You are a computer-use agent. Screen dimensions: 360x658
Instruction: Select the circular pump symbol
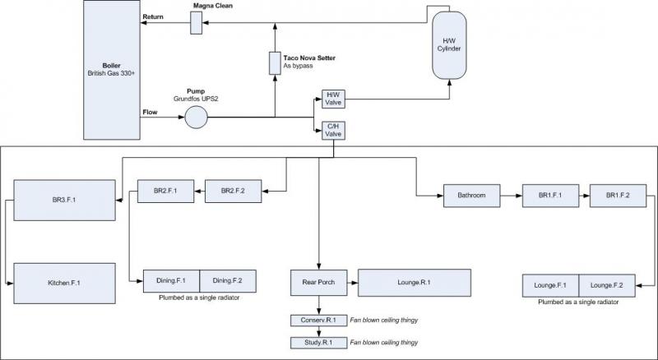(196, 118)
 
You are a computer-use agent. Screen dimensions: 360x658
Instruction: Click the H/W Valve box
(334, 99)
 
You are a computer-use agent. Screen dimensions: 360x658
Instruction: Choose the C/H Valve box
(334, 129)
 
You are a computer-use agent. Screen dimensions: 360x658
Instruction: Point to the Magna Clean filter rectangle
(196, 24)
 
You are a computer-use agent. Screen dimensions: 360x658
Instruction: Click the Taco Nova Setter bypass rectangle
(275, 62)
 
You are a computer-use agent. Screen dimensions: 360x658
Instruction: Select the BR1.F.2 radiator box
(617, 196)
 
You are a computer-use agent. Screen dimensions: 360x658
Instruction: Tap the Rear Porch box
(317, 282)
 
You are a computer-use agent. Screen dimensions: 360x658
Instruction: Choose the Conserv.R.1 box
(317, 319)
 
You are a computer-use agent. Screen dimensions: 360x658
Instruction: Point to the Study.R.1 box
(317, 341)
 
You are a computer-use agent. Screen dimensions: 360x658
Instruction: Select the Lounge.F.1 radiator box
(550, 285)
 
